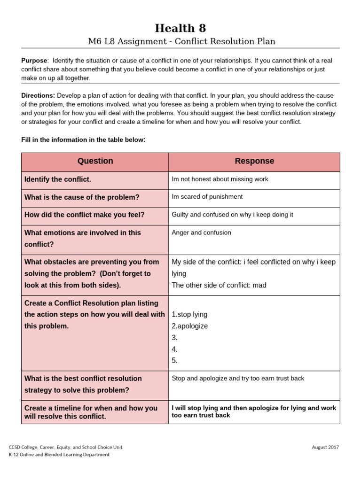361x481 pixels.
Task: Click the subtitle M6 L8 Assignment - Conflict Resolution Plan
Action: tap(181, 41)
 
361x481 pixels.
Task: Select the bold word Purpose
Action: tap(34, 61)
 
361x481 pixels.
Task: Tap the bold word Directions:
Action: tap(38, 95)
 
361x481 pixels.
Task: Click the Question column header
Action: tap(95, 161)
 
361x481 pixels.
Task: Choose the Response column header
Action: tap(254, 161)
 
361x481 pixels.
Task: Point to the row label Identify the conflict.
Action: tap(58, 179)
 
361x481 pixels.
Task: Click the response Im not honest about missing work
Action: tap(220, 179)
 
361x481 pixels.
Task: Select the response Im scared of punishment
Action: tap(207, 197)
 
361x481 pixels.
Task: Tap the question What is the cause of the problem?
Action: tap(82, 197)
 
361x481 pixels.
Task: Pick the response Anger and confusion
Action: tap(202, 233)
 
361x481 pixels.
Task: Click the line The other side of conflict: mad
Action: tap(219, 285)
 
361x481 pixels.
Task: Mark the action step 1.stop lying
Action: tap(190, 314)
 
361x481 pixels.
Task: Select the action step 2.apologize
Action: tap(190, 326)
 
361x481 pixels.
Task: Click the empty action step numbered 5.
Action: tap(175, 361)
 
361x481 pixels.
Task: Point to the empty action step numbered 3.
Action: tap(175, 338)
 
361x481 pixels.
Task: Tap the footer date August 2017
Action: tap(325, 448)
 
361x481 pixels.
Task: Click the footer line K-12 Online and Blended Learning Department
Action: tap(59, 455)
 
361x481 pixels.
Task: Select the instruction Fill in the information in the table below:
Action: tap(84, 140)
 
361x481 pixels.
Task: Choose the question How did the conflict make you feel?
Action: tap(85, 215)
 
